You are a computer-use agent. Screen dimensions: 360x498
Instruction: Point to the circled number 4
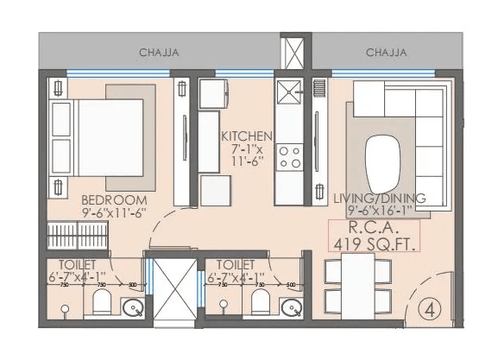pos(429,306)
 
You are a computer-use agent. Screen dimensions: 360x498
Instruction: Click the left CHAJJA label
pos(159,53)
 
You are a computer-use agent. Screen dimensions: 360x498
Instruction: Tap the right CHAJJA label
pos(386,53)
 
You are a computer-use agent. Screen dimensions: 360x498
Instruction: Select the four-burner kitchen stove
pos(291,155)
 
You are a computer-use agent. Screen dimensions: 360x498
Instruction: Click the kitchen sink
pos(289,90)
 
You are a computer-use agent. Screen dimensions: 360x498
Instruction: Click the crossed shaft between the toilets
pos(173,290)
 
